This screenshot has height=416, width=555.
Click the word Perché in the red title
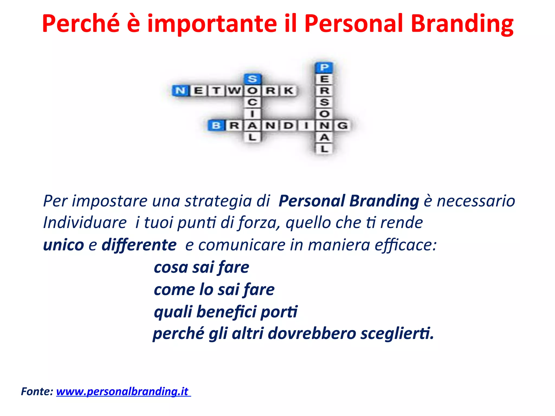tap(81, 24)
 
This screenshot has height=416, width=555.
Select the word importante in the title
tap(212, 24)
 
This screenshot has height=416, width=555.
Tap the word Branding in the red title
tap(462, 24)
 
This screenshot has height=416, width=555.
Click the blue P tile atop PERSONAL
tap(324, 67)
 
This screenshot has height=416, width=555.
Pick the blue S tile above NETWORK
tap(252, 79)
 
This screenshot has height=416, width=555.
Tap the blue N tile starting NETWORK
tap(180, 91)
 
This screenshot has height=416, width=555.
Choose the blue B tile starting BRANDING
tap(216, 126)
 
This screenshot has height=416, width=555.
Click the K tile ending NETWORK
tap(288, 91)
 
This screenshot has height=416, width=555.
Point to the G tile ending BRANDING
tap(343, 126)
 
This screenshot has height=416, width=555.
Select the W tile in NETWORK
tap(234, 91)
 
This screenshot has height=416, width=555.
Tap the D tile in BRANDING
tap(288, 126)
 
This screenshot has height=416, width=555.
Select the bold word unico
tap(63, 245)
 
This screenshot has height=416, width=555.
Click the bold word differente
tap(139, 245)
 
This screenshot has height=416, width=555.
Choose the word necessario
tap(476, 201)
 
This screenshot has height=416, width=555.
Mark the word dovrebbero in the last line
tap(312, 333)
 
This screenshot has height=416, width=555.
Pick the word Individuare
tap(85, 223)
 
